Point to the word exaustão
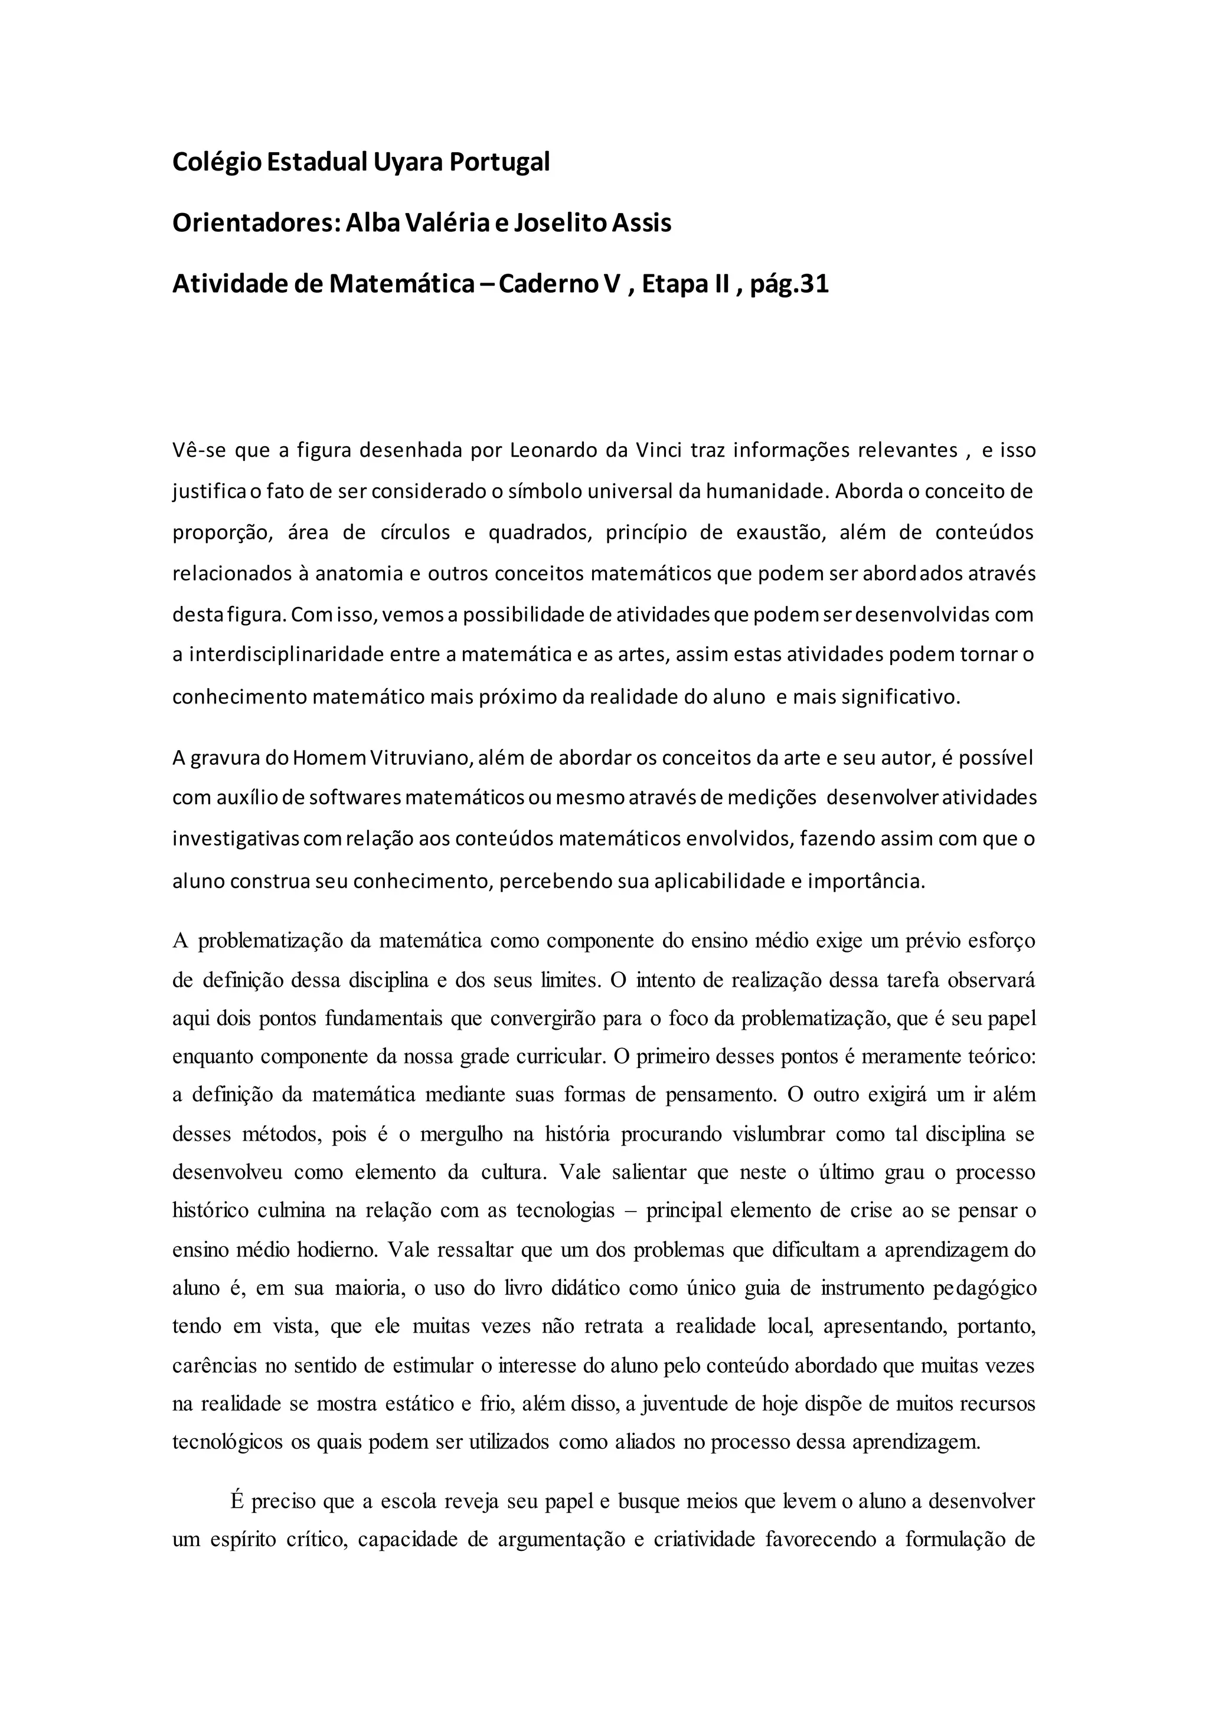tap(782, 533)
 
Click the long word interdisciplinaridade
tap(285, 655)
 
